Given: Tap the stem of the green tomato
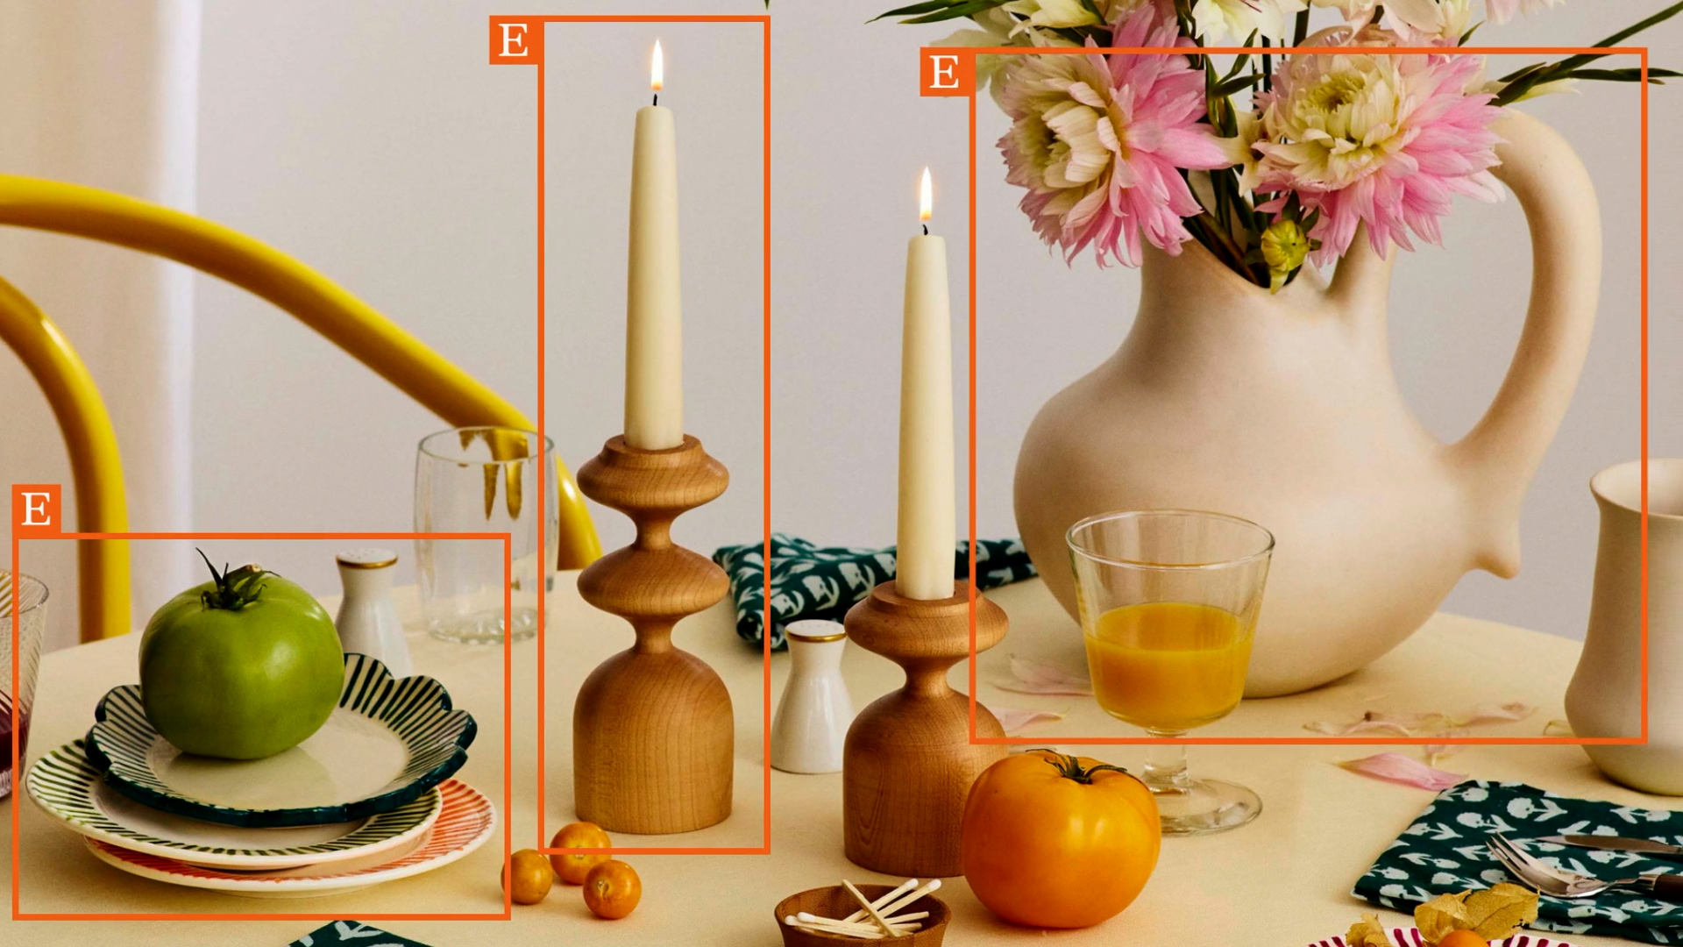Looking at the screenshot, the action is click(x=230, y=582).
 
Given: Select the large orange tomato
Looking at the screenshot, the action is click(x=1061, y=839).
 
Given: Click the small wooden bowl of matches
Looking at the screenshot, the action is click(x=862, y=916).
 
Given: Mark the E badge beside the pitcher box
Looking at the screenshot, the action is click(x=944, y=72).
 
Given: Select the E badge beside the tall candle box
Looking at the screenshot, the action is click(x=514, y=40).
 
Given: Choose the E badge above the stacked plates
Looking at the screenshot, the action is click(x=36, y=509).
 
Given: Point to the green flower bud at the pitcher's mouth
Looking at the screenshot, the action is click(x=1285, y=250).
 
